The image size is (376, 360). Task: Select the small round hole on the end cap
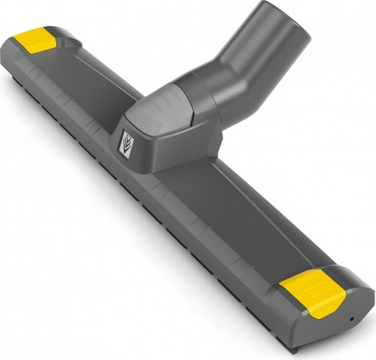coord(351,318)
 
